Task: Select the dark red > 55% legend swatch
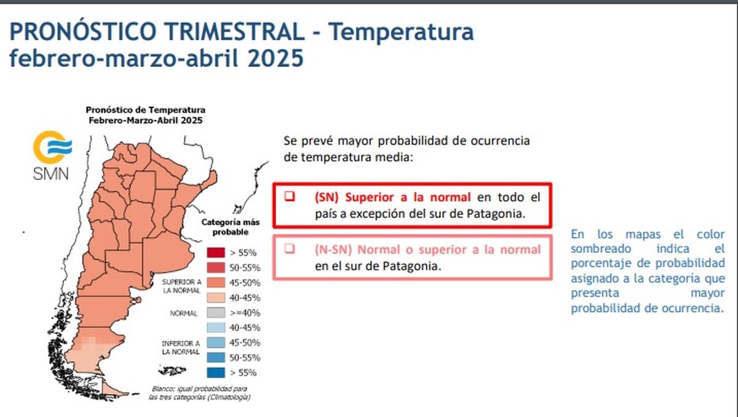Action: coord(215,252)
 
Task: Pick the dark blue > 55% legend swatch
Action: coord(215,372)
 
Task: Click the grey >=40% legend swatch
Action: coord(215,313)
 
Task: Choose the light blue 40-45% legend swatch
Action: coord(215,327)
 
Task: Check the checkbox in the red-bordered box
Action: coord(288,197)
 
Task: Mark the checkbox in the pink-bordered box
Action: coord(288,249)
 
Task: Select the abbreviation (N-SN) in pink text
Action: coord(333,250)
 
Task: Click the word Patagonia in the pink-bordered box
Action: coord(411,267)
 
